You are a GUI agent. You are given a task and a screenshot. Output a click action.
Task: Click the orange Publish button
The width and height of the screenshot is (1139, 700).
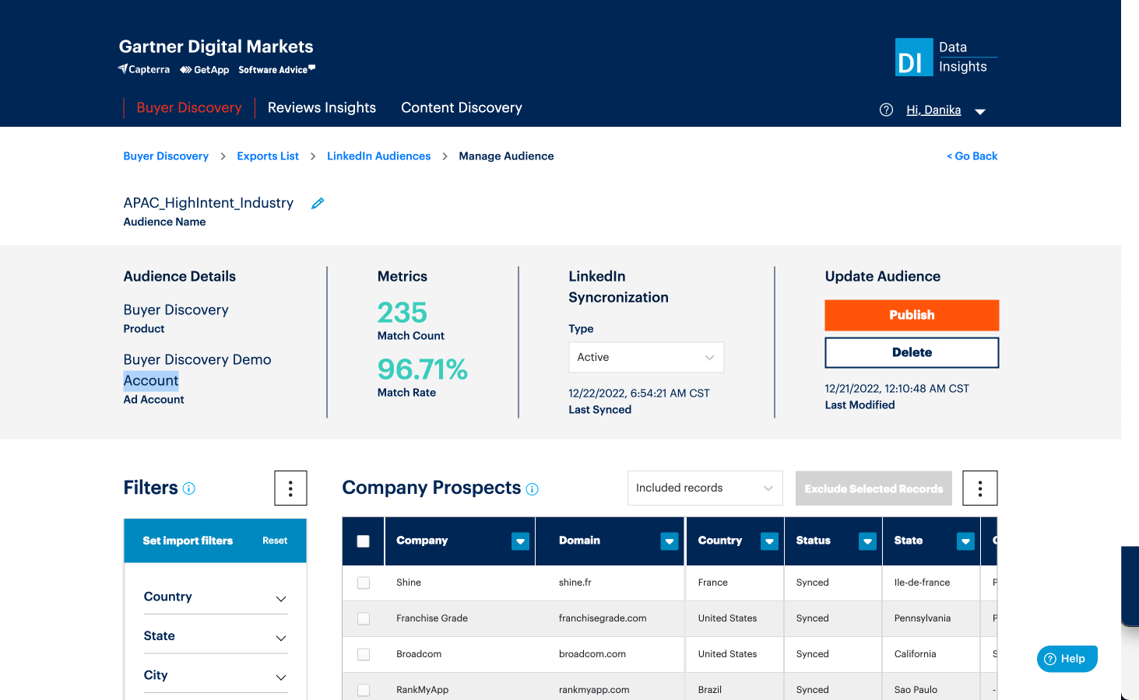tap(912, 315)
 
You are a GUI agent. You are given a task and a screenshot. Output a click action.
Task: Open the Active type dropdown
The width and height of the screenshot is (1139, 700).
tap(645, 357)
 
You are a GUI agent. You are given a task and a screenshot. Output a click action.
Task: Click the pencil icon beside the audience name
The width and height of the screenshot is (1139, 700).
tap(318, 203)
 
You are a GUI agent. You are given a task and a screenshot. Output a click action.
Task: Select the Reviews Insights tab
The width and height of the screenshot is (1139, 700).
tap(322, 107)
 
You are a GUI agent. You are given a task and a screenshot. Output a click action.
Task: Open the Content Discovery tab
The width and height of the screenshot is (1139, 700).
tap(461, 107)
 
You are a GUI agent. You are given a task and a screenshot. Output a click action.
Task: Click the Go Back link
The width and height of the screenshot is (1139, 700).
tap(972, 156)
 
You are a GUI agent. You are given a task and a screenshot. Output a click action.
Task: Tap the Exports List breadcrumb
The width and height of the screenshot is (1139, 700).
tap(268, 156)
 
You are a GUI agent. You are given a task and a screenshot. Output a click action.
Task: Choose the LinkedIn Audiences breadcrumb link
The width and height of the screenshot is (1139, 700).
tap(378, 156)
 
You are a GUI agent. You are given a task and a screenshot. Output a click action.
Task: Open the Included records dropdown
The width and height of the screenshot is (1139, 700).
tap(705, 488)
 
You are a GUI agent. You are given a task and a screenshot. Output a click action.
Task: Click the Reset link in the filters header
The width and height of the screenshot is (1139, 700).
tap(275, 541)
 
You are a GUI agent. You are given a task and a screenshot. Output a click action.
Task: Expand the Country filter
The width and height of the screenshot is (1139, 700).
tap(215, 597)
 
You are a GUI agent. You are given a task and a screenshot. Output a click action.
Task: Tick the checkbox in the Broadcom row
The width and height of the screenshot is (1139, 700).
tap(364, 654)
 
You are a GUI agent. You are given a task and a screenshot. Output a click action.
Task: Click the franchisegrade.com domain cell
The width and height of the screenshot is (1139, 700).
tap(603, 618)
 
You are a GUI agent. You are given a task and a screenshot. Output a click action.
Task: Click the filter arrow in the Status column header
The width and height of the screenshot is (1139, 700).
tap(867, 541)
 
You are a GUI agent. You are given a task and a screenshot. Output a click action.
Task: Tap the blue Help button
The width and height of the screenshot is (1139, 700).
tap(1067, 659)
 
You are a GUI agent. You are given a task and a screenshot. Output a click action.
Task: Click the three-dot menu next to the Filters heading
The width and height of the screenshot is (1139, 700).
tap(290, 488)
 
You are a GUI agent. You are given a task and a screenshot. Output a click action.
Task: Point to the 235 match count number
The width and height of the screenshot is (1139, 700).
tap(403, 313)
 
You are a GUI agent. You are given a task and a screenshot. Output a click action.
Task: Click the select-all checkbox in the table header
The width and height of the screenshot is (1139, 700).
tap(364, 541)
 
